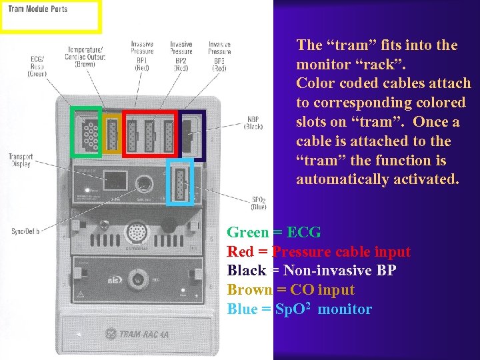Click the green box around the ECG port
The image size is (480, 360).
[x=86, y=131]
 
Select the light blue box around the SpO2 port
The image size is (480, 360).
[x=180, y=181]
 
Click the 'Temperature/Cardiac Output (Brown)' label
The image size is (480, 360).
[x=85, y=57]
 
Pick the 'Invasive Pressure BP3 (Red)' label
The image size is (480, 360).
[x=219, y=52]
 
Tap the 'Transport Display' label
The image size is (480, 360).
[x=20, y=161]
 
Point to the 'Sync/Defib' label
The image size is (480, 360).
[x=25, y=231]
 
